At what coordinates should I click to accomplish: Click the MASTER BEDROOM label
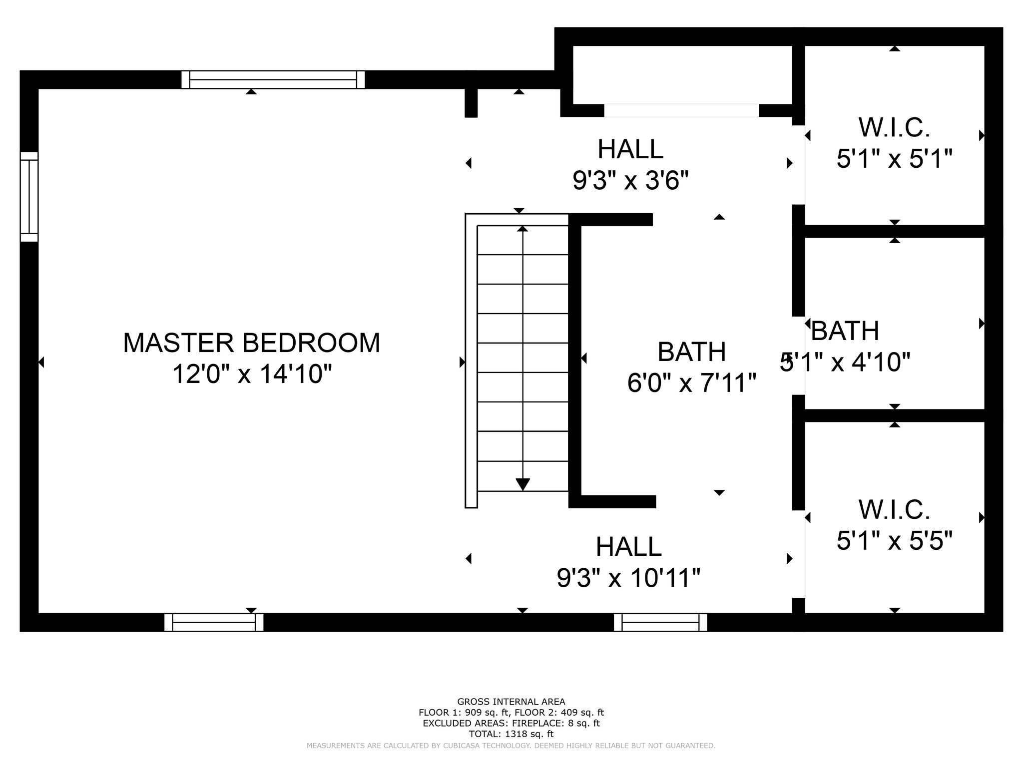tap(252, 343)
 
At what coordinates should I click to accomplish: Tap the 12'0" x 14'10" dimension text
tap(252, 374)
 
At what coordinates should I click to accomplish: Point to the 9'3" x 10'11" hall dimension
tap(628, 578)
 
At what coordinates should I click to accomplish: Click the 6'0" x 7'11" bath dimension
tap(692, 383)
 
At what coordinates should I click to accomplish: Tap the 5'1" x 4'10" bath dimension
tap(845, 362)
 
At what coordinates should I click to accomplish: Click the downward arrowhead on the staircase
tap(522, 484)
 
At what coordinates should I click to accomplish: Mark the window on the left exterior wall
tap(29, 197)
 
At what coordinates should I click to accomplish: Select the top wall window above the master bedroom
tap(273, 79)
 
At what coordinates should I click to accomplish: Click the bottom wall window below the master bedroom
tap(214, 622)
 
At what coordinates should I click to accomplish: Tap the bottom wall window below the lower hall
tap(660, 622)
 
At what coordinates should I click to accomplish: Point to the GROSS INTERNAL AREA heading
tap(511, 702)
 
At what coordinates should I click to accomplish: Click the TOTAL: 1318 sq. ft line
tap(511, 734)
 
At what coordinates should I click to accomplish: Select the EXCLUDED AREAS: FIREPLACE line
tap(511, 724)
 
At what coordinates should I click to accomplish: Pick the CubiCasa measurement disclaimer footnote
tap(511, 746)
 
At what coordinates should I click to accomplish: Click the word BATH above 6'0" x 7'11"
tap(692, 352)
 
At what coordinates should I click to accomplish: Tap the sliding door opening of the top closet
tap(681, 110)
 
